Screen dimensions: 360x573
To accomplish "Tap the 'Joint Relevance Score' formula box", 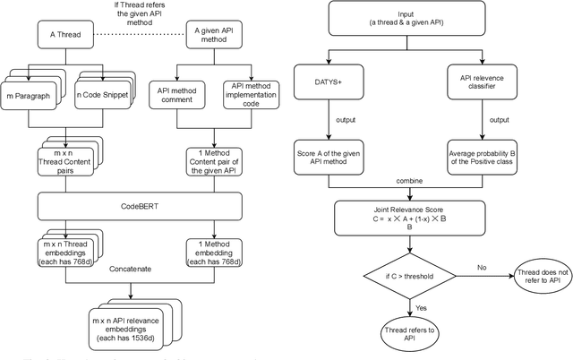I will pyautogui.click(x=410, y=215).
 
